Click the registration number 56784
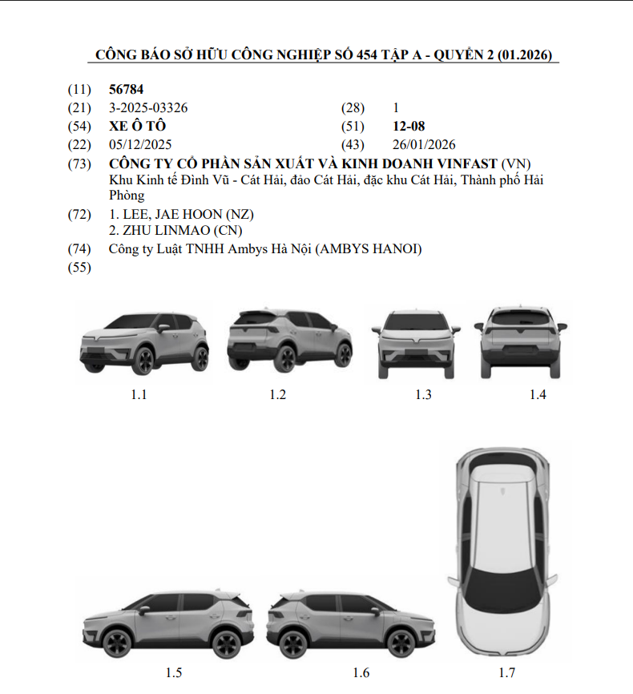(x=126, y=90)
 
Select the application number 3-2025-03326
(x=148, y=108)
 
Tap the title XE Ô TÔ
(x=137, y=126)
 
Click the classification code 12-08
(x=409, y=127)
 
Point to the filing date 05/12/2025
(x=140, y=145)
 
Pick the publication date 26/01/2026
(x=424, y=145)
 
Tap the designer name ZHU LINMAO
(x=167, y=231)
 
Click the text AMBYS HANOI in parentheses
(x=369, y=249)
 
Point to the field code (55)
(x=79, y=268)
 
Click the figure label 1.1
(x=139, y=394)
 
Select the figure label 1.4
(x=538, y=394)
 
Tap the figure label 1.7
(x=507, y=672)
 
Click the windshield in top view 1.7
(x=504, y=591)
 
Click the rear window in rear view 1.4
(x=521, y=318)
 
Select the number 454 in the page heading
(x=367, y=54)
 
